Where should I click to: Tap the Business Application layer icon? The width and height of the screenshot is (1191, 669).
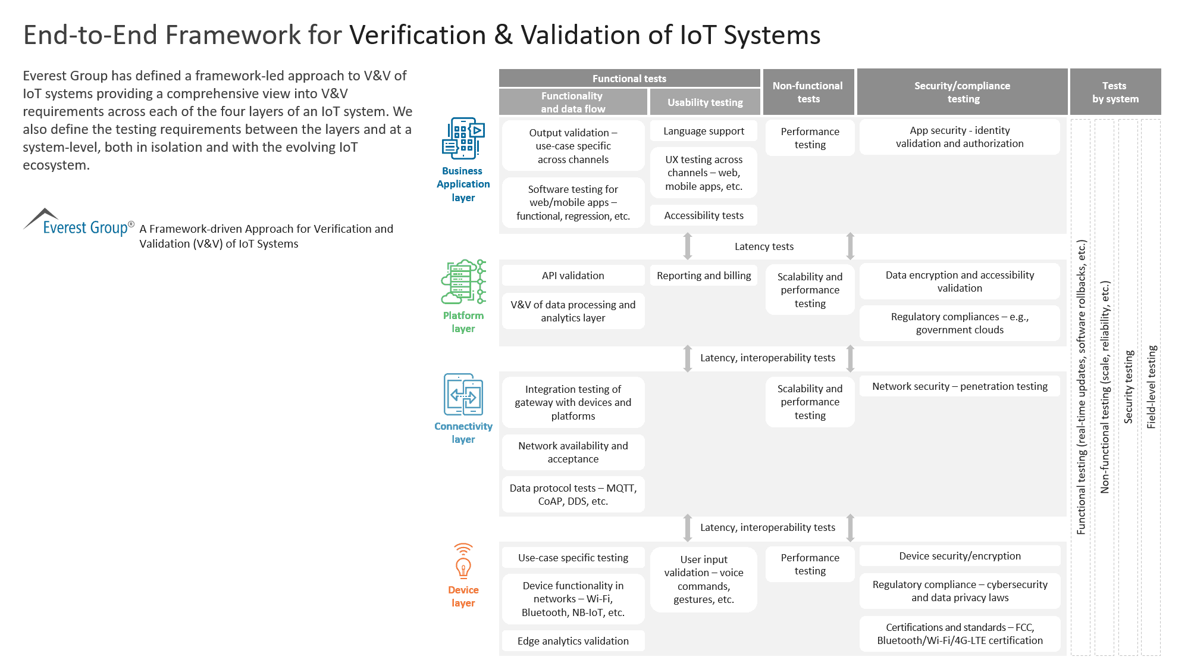coord(463,138)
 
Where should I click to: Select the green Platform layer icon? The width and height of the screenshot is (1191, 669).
coord(463,282)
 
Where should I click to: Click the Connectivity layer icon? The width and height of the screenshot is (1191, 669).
coord(463,394)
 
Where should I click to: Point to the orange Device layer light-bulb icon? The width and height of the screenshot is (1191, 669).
coord(463,561)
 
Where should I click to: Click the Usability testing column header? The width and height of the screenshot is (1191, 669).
coord(705,102)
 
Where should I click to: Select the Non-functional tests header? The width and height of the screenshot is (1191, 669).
coord(808,92)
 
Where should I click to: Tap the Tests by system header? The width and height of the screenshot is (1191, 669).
coord(1115,92)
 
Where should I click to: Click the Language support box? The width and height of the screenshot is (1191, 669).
coord(704,131)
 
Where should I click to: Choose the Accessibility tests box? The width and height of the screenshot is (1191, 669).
coord(704,215)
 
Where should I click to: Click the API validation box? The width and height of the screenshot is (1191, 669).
coord(573,276)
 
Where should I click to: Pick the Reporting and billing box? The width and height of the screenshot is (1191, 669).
coord(704,276)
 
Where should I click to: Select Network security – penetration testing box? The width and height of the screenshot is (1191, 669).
coord(960,386)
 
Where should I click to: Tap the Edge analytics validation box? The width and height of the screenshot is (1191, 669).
coord(573,641)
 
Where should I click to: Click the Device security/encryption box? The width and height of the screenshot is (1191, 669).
coord(960,556)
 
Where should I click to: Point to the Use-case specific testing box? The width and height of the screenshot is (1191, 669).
coord(573,558)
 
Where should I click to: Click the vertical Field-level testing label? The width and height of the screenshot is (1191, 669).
coord(1152,387)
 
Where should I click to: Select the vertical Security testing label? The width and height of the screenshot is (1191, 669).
coord(1129,387)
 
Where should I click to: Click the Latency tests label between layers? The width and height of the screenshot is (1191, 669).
coord(764,246)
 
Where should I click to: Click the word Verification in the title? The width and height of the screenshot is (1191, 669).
coord(418,35)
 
